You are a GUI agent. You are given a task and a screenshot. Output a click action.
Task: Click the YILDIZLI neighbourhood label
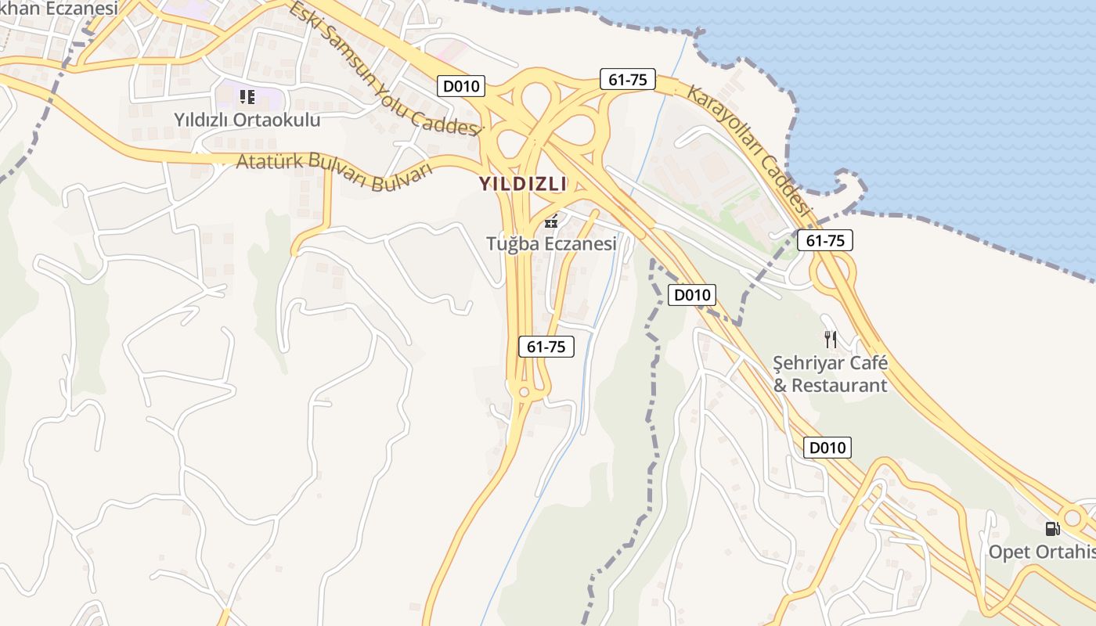[x=522, y=184]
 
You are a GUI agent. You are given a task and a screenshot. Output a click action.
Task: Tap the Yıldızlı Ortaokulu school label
[x=247, y=120]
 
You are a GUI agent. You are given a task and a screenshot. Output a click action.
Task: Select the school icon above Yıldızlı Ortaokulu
[x=247, y=97]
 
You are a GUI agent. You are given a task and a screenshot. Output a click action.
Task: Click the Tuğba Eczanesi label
[x=551, y=243]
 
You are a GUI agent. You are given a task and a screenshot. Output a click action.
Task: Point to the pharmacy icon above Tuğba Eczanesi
[x=551, y=222]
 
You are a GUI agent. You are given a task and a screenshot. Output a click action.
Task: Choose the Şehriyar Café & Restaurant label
[x=831, y=374]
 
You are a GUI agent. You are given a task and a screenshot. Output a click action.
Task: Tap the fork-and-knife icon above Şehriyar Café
[x=831, y=340]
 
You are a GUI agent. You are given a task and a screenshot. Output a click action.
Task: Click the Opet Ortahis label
[x=1041, y=552]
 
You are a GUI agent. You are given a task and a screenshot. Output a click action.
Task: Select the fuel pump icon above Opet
[x=1053, y=528]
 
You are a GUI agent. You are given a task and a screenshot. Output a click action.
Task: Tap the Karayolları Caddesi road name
[x=747, y=149]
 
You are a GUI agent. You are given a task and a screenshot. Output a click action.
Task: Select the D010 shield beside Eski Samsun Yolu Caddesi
[x=461, y=86]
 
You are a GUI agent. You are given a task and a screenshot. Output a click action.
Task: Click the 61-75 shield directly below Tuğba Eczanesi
[x=546, y=347]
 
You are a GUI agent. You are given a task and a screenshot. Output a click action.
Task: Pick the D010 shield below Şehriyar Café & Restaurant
[x=827, y=448]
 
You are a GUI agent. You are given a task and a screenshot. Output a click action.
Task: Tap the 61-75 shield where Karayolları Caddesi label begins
[x=627, y=79]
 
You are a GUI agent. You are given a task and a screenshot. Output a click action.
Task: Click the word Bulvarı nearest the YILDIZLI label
[x=402, y=177]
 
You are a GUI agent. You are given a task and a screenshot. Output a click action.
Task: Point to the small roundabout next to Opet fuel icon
[x=1073, y=517]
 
